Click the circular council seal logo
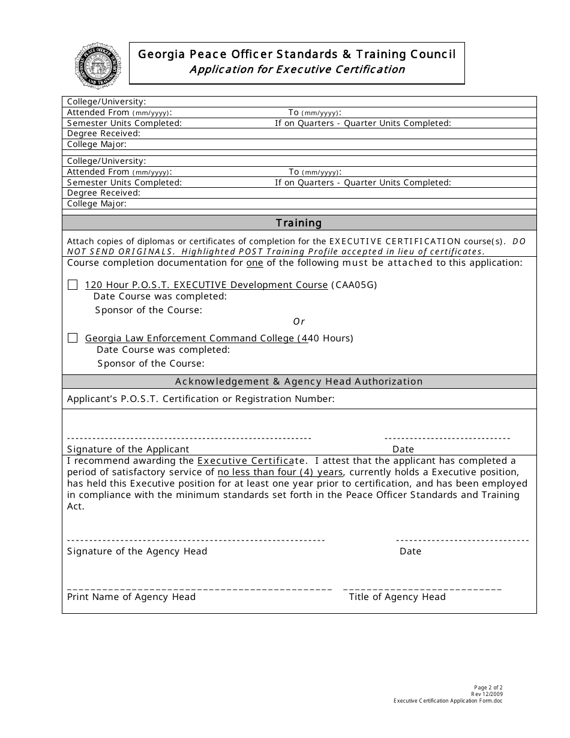click(97, 65)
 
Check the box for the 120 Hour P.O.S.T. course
click(73, 285)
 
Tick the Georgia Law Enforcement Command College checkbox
click(73, 338)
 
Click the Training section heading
click(299, 223)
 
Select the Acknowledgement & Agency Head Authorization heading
click(299, 382)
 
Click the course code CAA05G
click(354, 285)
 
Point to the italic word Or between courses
click(299, 322)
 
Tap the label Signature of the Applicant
click(128, 449)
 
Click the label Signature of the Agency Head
click(137, 551)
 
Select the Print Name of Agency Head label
click(131, 597)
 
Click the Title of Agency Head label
click(397, 597)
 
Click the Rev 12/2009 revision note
click(487, 694)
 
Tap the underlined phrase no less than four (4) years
click(280, 472)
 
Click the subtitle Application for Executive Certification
click(297, 70)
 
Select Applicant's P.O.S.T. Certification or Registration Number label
click(201, 399)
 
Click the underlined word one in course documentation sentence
click(255, 263)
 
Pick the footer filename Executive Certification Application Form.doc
click(448, 701)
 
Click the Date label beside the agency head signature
click(410, 551)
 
